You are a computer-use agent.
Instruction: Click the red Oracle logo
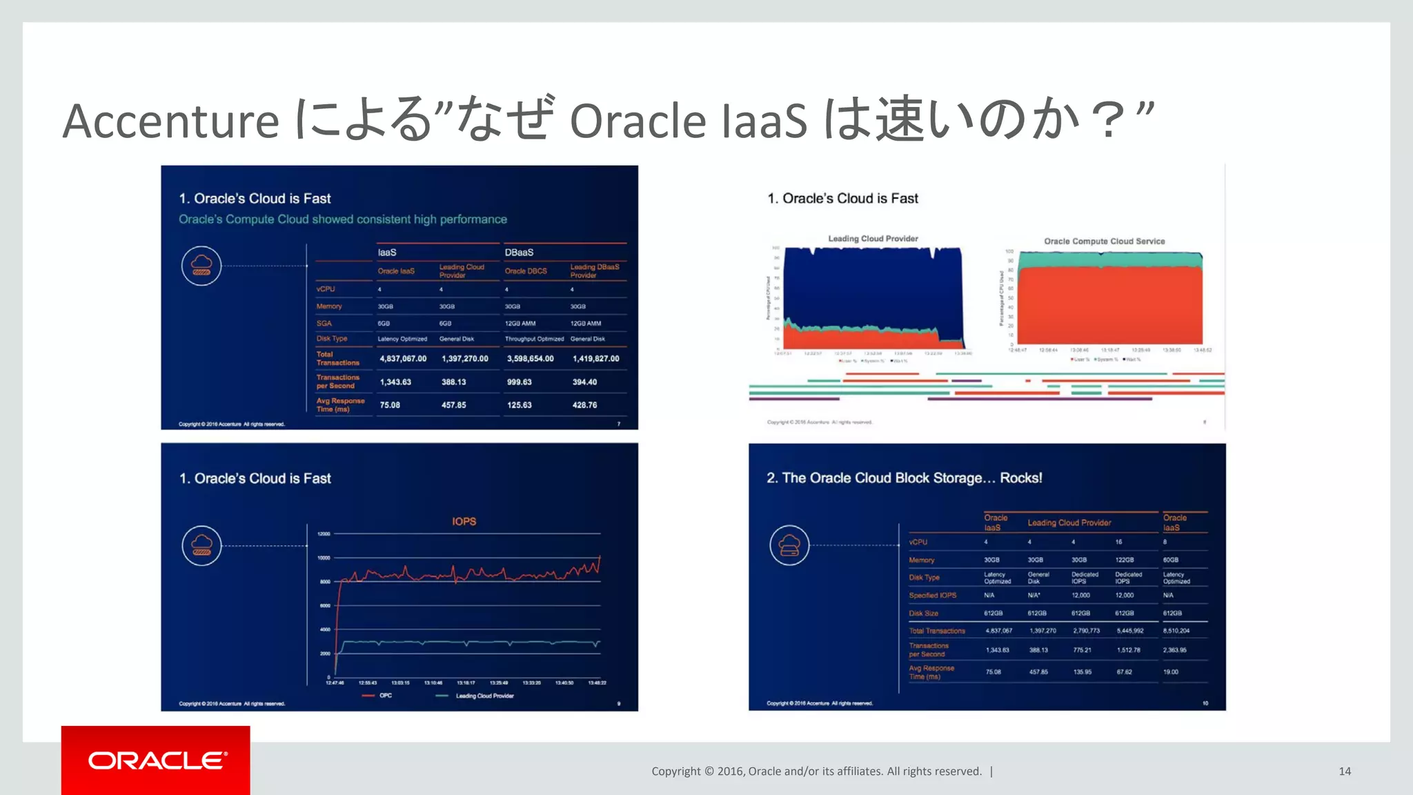click(x=156, y=760)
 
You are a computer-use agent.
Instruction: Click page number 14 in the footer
click(x=1345, y=772)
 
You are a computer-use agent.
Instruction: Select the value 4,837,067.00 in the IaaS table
click(x=403, y=359)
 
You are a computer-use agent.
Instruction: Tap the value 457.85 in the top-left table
click(x=453, y=405)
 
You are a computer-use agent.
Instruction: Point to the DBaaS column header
click(x=519, y=253)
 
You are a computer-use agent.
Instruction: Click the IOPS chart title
click(x=464, y=522)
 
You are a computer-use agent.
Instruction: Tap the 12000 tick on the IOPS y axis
click(x=324, y=534)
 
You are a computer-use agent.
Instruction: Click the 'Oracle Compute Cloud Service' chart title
click(x=1104, y=242)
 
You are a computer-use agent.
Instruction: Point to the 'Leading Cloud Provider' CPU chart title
click(x=873, y=239)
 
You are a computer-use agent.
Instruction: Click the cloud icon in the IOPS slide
click(x=201, y=546)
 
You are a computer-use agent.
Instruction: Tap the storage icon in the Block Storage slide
click(x=789, y=546)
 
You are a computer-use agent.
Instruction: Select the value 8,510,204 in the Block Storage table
click(x=1176, y=631)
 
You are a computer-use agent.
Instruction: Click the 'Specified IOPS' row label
click(x=932, y=596)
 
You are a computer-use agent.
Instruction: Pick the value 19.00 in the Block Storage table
click(x=1170, y=672)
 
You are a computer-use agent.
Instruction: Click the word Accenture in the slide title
click(x=170, y=121)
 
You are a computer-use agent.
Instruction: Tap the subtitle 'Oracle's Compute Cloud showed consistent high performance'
click(x=343, y=219)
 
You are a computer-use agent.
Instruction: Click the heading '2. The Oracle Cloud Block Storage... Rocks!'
click(x=904, y=478)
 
